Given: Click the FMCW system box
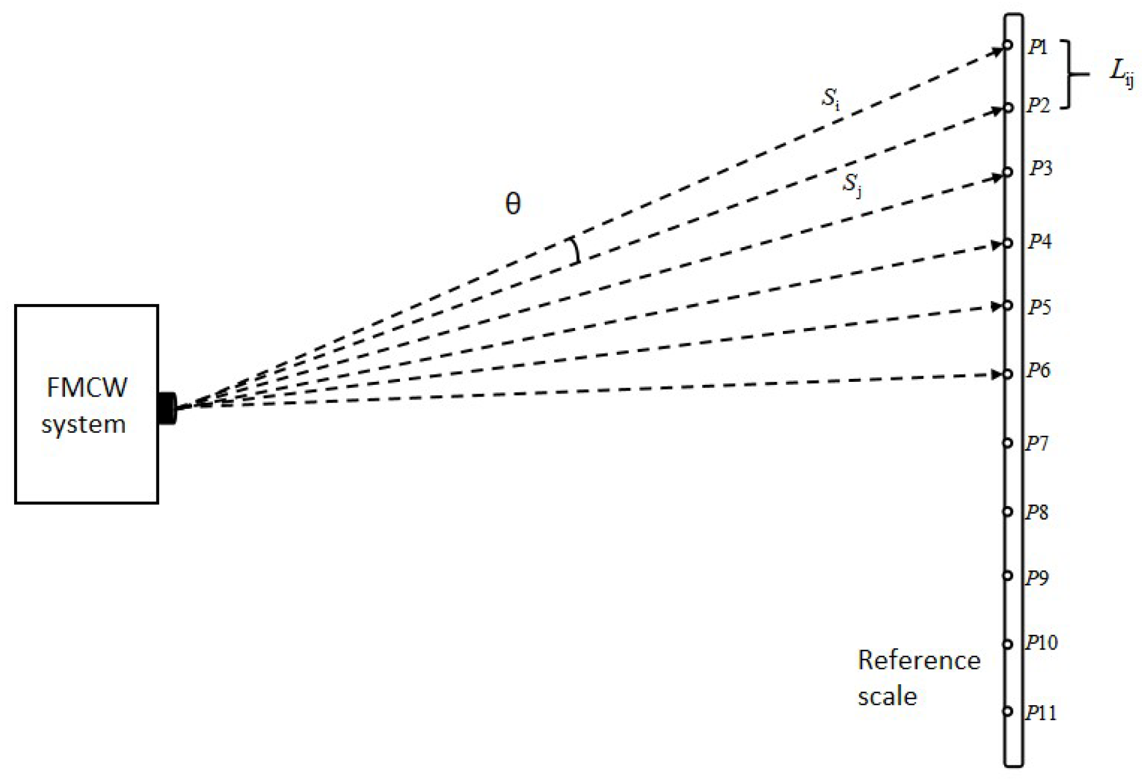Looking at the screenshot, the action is [x=86, y=404].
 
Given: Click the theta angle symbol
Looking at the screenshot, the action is [x=512, y=204].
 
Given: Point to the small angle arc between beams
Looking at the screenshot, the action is [x=577, y=251].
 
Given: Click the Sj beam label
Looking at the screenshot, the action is [x=852, y=185].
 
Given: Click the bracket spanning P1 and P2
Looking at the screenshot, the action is [x=1070, y=74].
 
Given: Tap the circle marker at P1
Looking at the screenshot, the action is [x=1007, y=45].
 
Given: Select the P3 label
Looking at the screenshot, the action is [x=1041, y=169].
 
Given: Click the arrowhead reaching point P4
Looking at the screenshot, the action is [x=997, y=245].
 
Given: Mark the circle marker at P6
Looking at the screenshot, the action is [x=1007, y=374].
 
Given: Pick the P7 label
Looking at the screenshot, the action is [x=1036, y=444].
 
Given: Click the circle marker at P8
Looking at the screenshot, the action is [x=1007, y=511].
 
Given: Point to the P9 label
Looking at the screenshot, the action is [x=1036, y=578].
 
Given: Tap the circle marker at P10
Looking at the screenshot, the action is [x=1007, y=644].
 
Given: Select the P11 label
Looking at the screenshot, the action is [x=1041, y=713].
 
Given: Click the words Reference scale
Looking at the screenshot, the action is [x=918, y=678].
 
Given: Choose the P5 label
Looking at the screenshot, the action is [x=1040, y=307].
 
